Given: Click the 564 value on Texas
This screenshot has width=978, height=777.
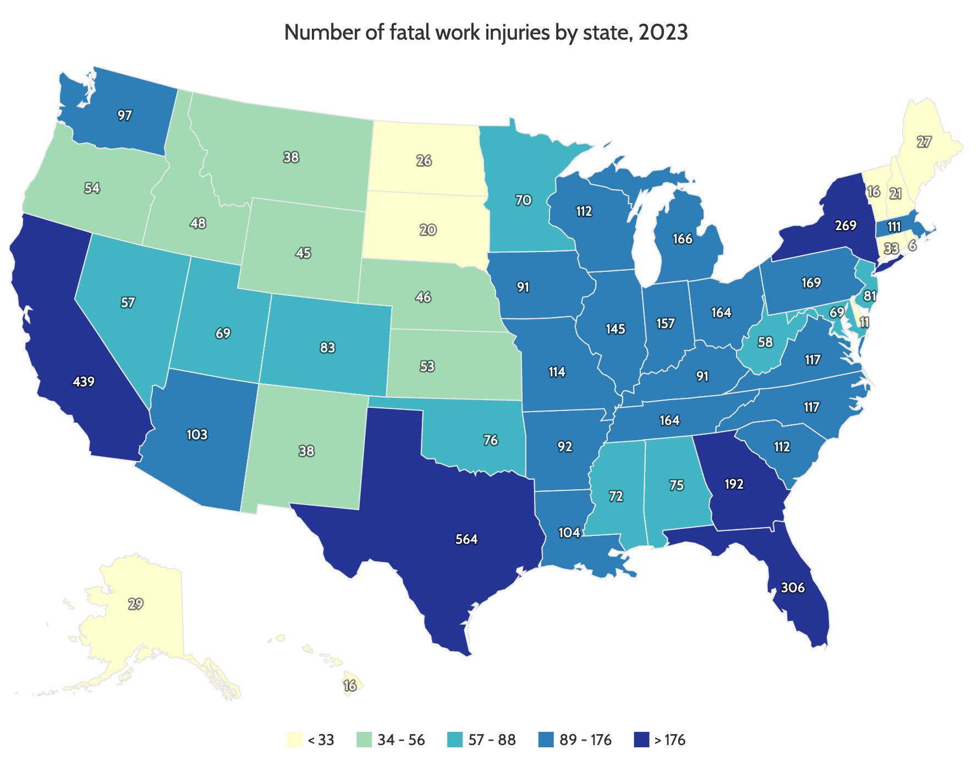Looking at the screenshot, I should point(466,539).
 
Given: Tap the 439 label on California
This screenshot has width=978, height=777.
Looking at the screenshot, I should point(84,381).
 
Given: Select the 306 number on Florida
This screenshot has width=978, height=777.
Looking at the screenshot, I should point(793,588).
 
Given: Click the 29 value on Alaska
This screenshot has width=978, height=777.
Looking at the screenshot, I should point(135,604).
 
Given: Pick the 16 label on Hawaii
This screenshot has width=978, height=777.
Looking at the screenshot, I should point(350,686).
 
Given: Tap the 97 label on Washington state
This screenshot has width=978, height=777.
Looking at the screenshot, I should point(125,115).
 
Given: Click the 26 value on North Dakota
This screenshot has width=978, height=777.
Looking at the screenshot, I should point(424,161).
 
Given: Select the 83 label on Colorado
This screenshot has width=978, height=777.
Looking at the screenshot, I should point(327,348).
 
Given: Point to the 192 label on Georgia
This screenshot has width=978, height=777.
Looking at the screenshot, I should point(734,484).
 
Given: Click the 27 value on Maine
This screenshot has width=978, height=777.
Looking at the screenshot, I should point(924,142).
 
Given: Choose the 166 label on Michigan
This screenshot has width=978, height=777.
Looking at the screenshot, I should point(683,239).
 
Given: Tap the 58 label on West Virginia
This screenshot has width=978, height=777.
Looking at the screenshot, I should point(765,342).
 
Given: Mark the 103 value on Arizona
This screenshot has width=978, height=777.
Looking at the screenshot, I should point(197,434).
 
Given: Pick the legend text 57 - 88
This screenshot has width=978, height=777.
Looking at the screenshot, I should point(492,740).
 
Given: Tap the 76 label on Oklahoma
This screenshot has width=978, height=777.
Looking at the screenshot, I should point(491,440).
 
